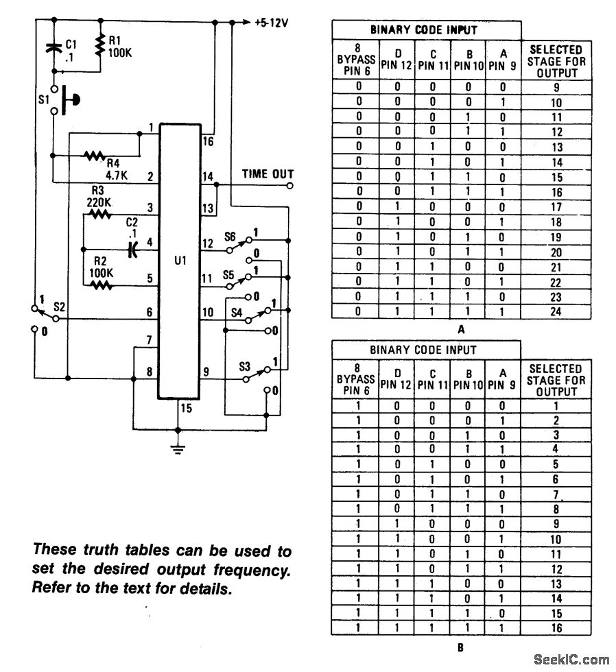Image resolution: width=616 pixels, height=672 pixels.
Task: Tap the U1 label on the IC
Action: point(180,261)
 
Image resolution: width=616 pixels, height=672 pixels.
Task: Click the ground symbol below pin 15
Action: point(178,450)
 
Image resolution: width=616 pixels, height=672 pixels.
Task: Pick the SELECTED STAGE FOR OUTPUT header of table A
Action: point(556,61)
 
